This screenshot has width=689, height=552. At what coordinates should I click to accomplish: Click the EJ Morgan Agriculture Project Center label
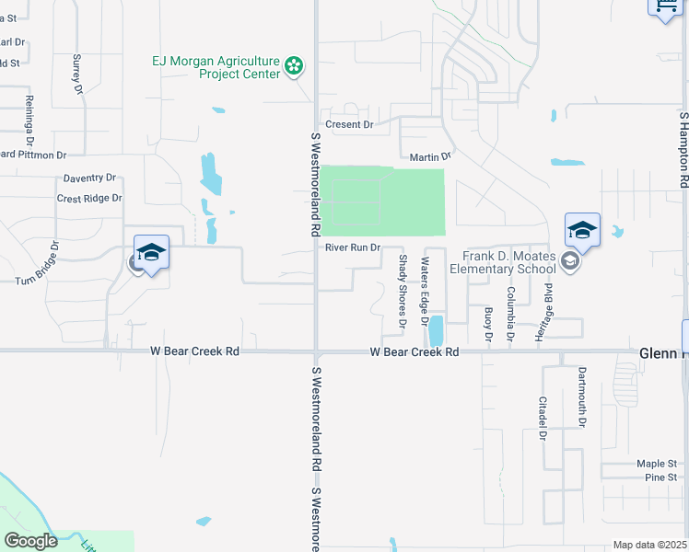pyautogui.click(x=216, y=67)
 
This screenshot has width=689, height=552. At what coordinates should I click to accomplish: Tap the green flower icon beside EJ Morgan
pyautogui.click(x=294, y=65)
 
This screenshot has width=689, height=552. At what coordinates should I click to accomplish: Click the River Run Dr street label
pyautogui.click(x=352, y=247)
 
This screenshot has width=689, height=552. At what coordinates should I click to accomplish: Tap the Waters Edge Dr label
pyautogui.click(x=426, y=292)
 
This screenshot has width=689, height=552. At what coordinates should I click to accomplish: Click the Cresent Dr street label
pyautogui.click(x=349, y=124)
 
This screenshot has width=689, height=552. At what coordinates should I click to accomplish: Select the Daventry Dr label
pyautogui.click(x=89, y=178)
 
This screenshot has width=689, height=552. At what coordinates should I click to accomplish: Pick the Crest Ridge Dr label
pyautogui.click(x=89, y=198)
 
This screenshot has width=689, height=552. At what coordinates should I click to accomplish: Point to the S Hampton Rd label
pyautogui.click(x=683, y=152)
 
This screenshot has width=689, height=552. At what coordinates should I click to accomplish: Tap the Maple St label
pyautogui.click(x=657, y=464)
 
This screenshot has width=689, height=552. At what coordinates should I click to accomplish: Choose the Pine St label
pyautogui.click(x=660, y=477)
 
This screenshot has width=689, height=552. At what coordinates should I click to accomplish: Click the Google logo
pyautogui.click(x=31, y=541)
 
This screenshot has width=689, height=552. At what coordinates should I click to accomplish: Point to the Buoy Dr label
pyautogui.click(x=488, y=325)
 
